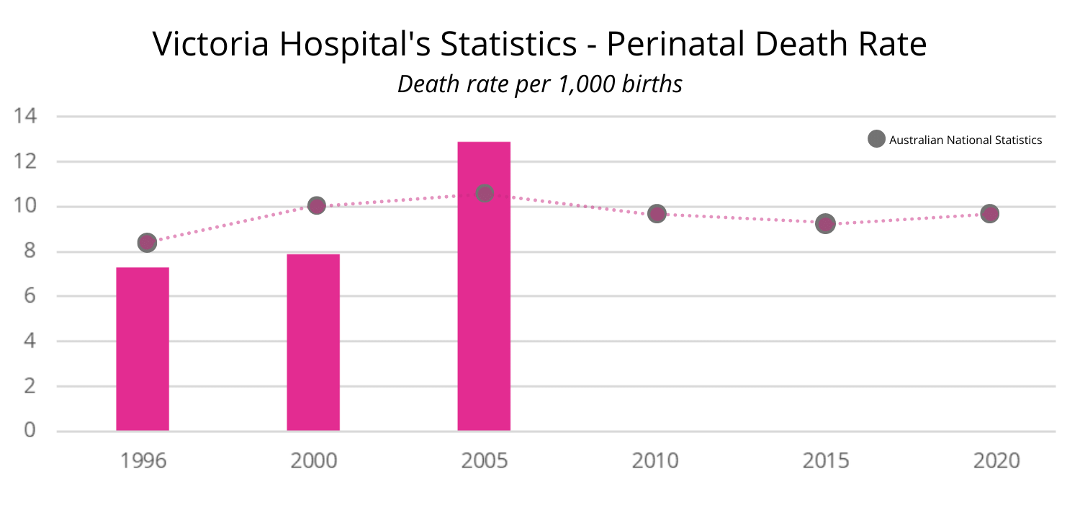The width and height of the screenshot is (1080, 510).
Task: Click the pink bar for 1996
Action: click(143, 349)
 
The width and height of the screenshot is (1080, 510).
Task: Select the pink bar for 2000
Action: click(313, 343)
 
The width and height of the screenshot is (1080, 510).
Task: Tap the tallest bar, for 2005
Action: click(484, 287)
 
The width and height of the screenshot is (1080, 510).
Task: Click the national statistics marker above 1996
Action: click(147, 243)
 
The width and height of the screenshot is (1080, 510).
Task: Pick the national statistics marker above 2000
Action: click(316, 205)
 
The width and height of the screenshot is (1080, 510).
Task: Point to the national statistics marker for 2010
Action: click(657, 213)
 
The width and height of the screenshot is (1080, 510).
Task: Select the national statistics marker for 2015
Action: click(825, 223)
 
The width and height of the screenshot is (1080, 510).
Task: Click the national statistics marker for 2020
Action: click(990, 213)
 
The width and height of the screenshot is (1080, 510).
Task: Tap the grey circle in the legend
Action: click(876, 140)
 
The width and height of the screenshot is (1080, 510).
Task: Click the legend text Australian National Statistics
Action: click(966, 140)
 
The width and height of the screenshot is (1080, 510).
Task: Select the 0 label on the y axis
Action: click(30, 431)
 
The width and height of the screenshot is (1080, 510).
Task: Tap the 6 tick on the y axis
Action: click(30, 296)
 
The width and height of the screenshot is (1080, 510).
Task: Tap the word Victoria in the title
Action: click(211, 45)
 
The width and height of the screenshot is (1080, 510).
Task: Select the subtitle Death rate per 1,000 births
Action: click(540, 84)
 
